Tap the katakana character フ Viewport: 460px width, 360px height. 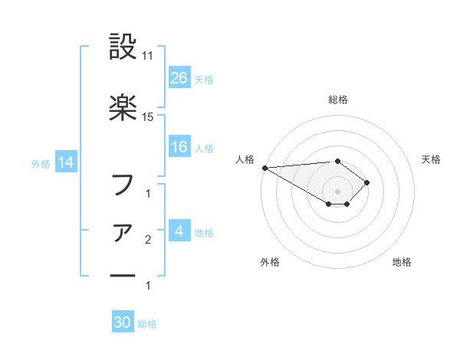tap(123, 184)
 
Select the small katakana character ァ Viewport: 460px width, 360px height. tap(123, 232)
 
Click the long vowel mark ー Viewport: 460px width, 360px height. tap(123, 276)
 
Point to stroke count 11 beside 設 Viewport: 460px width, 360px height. tap(148, 56)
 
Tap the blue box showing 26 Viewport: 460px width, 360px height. tap(179, 77)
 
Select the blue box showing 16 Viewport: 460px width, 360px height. tap(179, 147)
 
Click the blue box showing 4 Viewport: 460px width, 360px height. tap(179, 231)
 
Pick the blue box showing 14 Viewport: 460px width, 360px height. tap(65, 162)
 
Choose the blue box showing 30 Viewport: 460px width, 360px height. tap(123, 322)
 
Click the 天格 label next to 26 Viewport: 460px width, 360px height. tap(204, 79)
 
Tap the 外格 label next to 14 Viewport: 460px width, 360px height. tap(41, 163)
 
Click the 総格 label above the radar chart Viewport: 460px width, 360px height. tap(337, 100)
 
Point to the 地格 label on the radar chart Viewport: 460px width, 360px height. tap(402, 263)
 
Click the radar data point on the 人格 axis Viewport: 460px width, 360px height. tap(264, 168)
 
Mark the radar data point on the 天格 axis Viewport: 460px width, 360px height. tap(368, 182)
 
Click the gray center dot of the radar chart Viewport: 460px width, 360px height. tap(337, 191)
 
